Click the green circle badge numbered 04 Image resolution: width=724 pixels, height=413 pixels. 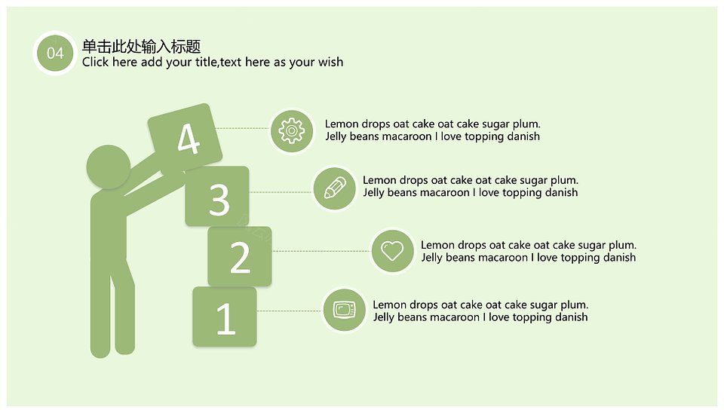[x=55, y=53]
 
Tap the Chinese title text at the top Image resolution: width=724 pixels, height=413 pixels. [x=141, y=46]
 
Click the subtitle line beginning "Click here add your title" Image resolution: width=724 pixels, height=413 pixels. [x=213, y=63]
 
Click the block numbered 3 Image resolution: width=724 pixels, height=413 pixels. [x=217, y=197]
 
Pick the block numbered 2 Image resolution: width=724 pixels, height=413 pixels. [x=240, y=256]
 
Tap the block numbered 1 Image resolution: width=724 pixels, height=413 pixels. [x=225, y=317]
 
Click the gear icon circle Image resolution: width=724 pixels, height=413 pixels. [x=291, y=131]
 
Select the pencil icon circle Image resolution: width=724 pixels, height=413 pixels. [x=335, y=188]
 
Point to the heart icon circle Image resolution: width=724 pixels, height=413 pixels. [x=392, y=251]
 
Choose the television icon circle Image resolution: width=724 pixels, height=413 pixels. [x=345, y=310]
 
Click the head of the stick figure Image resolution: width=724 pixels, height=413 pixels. [x=109, y=167]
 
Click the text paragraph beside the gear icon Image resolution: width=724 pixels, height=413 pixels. [x=433, y=130]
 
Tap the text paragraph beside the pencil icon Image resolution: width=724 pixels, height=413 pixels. [x=471, y=186]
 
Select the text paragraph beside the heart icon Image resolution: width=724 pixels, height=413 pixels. [x=529, y=251]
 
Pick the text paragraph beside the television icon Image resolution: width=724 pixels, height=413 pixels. [x=480, y=311]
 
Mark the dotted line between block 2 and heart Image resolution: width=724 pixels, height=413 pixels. [x=321, y=252]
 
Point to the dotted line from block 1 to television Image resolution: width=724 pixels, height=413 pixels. [x=290, y=311]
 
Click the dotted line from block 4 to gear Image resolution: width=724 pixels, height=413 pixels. [x=242, y=128]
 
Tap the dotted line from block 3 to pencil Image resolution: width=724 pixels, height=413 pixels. [x=281, y=192]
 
